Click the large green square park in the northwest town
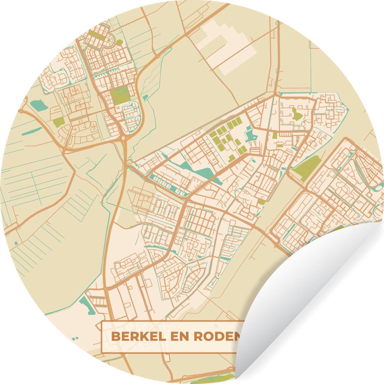(x=120, y=87)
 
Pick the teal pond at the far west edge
(x=38, y=106)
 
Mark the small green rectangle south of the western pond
(x=59, y=122)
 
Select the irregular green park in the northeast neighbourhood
(x=296, y=114)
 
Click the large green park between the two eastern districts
(x=307, y=168)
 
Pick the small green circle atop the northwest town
(x=119, y=42)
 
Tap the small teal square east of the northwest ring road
(x=146, y=97)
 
